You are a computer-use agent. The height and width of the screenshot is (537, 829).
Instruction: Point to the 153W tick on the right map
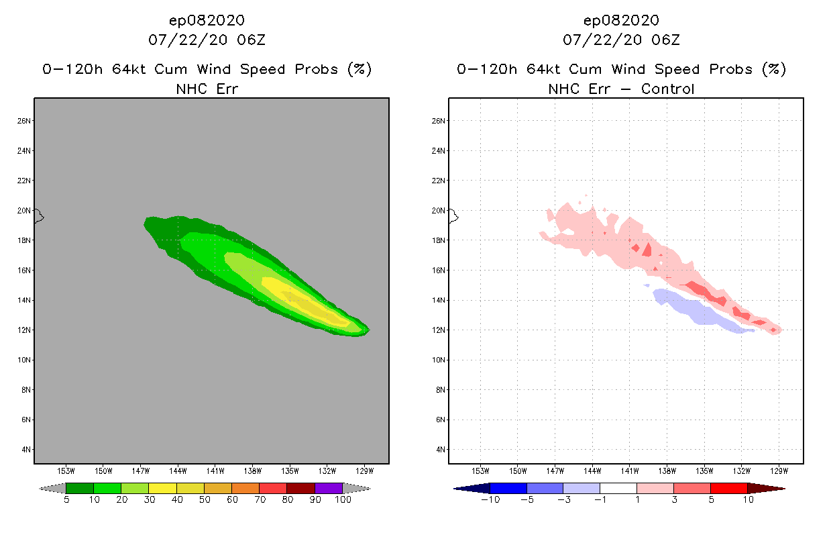click(480, 471)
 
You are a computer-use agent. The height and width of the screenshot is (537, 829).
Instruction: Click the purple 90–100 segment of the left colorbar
click(329, 488)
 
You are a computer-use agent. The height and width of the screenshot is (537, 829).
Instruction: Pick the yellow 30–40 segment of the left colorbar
click(162, 488)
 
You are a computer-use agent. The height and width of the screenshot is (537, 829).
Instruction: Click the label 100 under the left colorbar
click(343, 500)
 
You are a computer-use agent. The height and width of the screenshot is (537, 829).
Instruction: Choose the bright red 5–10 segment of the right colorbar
click(728, 488)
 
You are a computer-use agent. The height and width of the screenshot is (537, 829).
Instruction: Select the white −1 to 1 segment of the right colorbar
click(618, 488)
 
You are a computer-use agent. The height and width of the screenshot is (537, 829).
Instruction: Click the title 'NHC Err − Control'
click(621, 89)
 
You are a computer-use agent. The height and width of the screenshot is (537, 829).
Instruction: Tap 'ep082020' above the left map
click(207, 21)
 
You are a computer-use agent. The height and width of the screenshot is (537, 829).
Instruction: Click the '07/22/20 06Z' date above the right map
click(621, 40)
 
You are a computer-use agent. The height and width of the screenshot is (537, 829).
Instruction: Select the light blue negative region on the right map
click(698, 312)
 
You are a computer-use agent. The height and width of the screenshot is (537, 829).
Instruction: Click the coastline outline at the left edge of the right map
click(453, 216)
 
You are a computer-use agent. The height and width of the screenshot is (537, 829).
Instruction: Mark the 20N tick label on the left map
click(24, 210)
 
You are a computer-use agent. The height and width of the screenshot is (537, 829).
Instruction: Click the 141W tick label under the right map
click(630, 471)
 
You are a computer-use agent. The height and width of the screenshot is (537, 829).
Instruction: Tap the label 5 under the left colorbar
click(66, 500)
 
